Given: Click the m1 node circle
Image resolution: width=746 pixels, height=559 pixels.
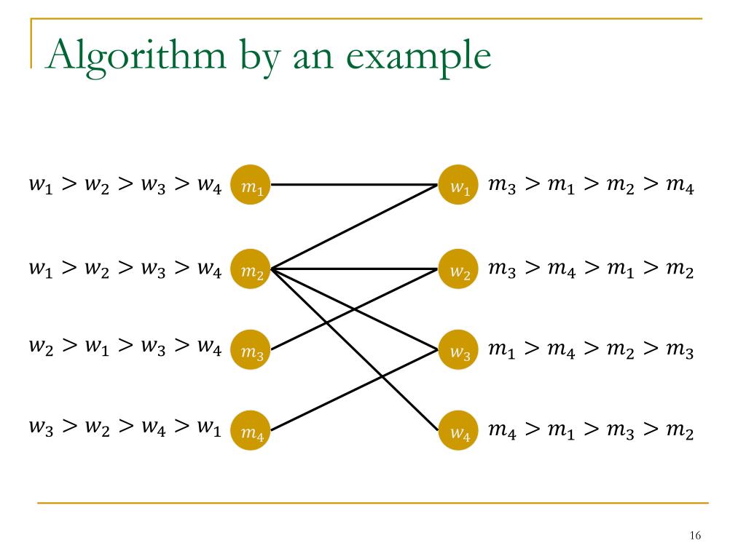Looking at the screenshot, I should (x=251, y=186).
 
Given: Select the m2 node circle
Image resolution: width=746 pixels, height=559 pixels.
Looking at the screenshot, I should (x=251, y=270).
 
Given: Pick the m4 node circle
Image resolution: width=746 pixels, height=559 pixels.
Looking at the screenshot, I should (x=251, y=432).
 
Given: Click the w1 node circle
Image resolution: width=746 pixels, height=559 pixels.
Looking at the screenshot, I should (x=459, y=186).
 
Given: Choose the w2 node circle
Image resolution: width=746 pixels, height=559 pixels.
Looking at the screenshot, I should (x=459, y=270).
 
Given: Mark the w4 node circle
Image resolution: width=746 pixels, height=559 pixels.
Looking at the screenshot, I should (x=459, y=432).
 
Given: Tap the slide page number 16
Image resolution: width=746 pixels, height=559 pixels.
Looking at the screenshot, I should (x=694, y=536).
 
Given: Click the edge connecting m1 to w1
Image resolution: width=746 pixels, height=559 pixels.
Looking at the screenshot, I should (x=350, y=185).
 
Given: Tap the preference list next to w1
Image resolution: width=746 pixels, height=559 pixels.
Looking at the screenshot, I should (x=591, y=188).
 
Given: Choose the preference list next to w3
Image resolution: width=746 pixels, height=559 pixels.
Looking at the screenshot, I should (x=591, y=352).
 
